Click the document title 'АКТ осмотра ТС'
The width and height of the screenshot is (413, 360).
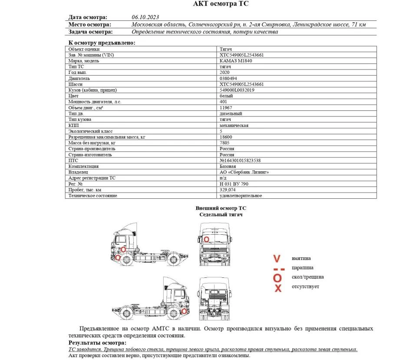221,4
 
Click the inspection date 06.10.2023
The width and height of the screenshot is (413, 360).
145,17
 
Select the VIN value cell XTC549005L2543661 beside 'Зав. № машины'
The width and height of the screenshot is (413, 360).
242,55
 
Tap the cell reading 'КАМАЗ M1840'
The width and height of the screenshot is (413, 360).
236,61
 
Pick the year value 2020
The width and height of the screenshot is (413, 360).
225,73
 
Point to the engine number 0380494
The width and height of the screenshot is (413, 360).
228,78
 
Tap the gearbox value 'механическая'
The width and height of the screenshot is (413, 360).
234,125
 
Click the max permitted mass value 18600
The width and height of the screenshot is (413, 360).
226,137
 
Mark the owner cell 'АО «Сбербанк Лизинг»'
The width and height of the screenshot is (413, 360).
244,172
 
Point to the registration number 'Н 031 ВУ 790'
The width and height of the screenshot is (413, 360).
234,184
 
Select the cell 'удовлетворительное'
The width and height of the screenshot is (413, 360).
241,196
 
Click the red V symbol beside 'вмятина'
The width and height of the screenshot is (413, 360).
277,259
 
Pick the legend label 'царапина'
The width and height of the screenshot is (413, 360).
303,268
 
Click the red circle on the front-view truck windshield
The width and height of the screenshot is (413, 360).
207,239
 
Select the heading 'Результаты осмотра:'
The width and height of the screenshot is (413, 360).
95,343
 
